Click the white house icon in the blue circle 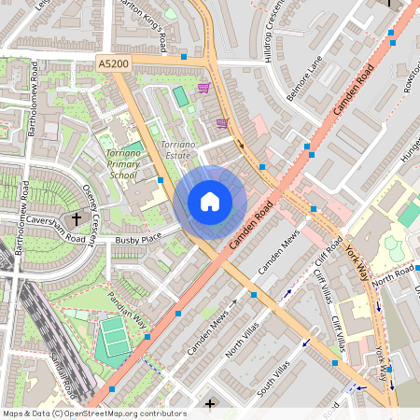(x=210, y=202)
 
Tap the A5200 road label (x=113, y=63)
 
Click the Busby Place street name (x=138, y=240)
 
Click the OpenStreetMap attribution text (x=93, y=413)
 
